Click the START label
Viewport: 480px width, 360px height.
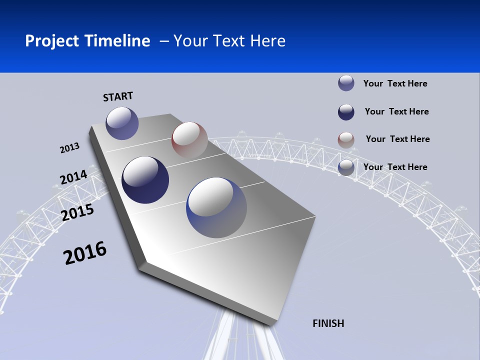coord(118,96)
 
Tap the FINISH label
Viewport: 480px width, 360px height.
coord(328,323)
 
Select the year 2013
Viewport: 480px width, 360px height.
coord(70,148)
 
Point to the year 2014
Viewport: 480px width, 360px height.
coord(74,177)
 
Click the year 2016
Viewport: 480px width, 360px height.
coord(85,253)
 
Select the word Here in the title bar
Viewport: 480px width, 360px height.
coord(267,41)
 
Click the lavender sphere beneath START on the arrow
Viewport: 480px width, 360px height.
coord(122,123)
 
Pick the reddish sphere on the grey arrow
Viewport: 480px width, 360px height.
coord(189,139)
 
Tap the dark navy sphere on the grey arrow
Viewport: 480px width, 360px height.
coord(145,180)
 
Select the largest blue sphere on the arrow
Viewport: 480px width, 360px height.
coord(216,207)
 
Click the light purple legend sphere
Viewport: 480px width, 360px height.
coord(346,83)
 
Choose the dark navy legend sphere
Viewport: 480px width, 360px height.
coord(346,112)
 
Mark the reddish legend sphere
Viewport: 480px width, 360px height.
coord(346,140)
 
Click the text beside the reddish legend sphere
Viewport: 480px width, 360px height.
coord(397,139)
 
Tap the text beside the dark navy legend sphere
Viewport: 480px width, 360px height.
coord(396,111)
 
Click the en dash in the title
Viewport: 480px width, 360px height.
coord(164,41)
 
